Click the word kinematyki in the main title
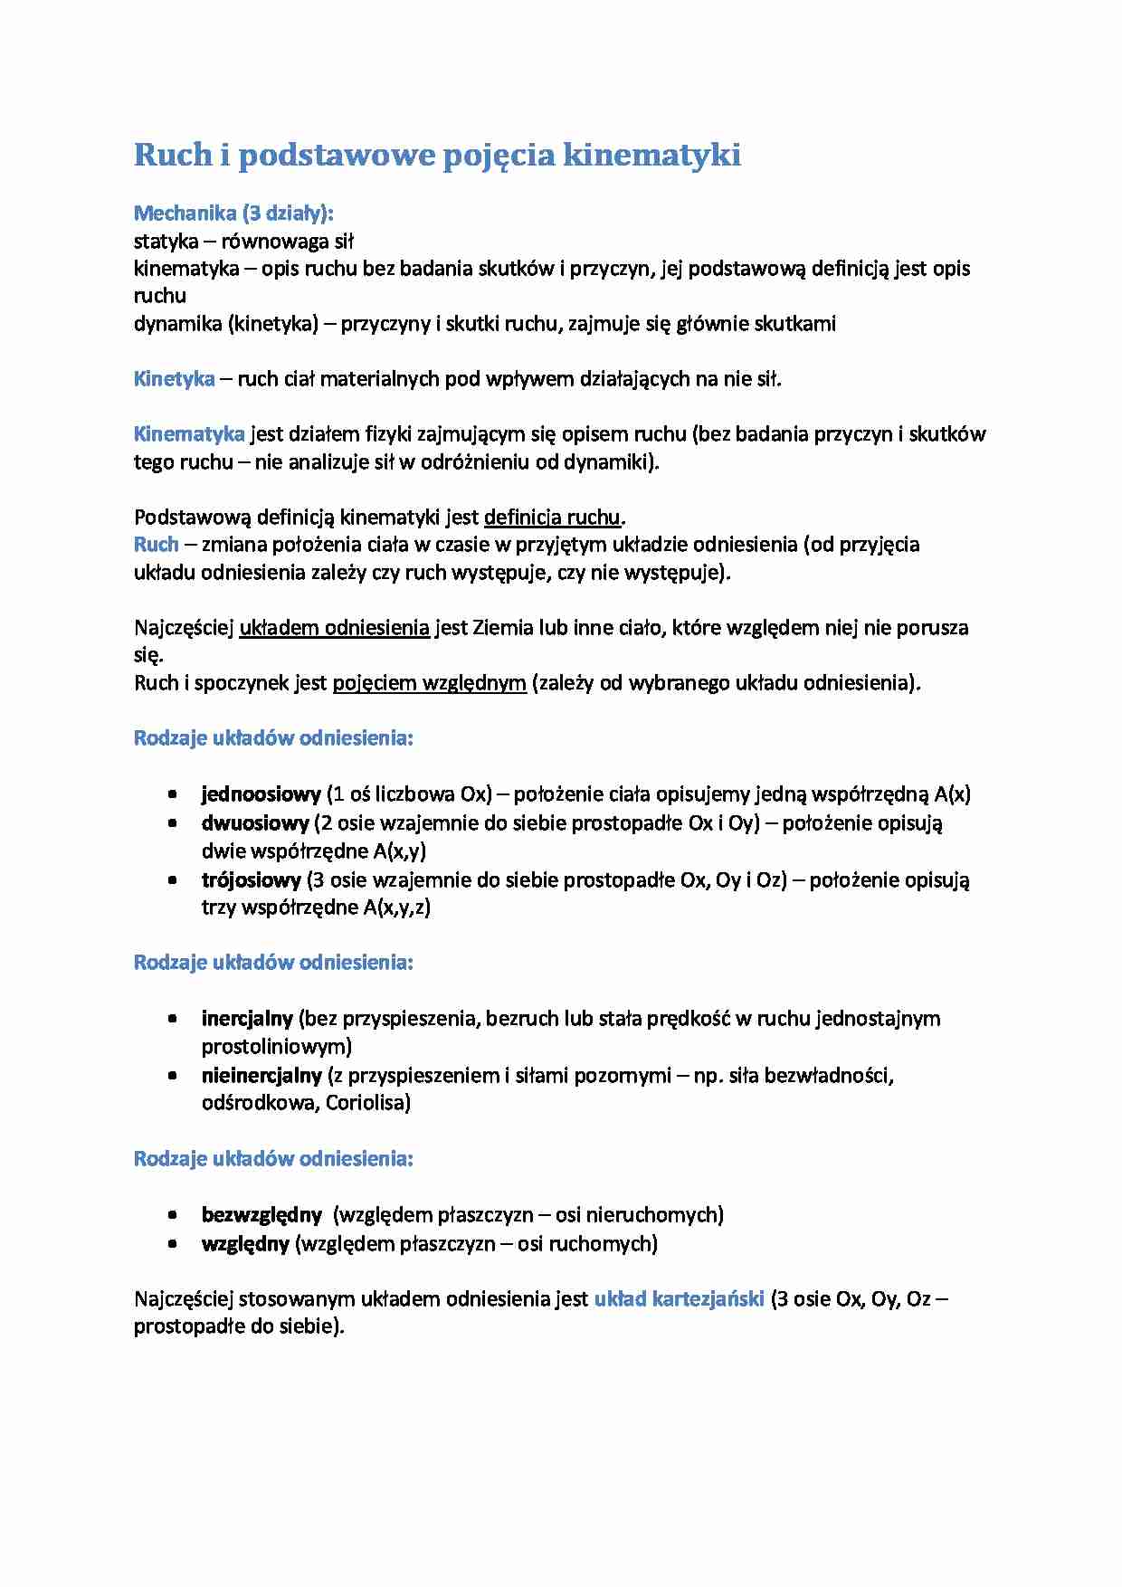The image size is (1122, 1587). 651,156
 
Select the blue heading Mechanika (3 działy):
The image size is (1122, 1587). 233,214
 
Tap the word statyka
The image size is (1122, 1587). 166,242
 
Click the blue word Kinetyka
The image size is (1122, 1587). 174,379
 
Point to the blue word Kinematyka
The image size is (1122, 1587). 189,434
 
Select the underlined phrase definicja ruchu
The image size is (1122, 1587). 553,518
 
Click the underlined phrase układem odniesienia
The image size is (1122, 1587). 334,628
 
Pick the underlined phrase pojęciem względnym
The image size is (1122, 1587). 429,683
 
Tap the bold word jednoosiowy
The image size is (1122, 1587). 261,794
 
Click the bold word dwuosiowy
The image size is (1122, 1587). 255,823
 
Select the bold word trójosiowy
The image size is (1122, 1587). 251,879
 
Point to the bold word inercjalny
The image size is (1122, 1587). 247,1019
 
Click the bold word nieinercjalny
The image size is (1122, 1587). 261,1076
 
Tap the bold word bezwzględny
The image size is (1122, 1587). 261,1215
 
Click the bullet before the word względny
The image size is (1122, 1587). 172,1244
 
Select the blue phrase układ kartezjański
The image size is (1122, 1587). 679,1299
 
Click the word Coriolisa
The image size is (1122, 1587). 367,1103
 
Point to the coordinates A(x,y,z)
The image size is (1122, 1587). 397,908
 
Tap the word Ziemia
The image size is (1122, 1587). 502,628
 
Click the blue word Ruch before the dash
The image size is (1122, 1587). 156,545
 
